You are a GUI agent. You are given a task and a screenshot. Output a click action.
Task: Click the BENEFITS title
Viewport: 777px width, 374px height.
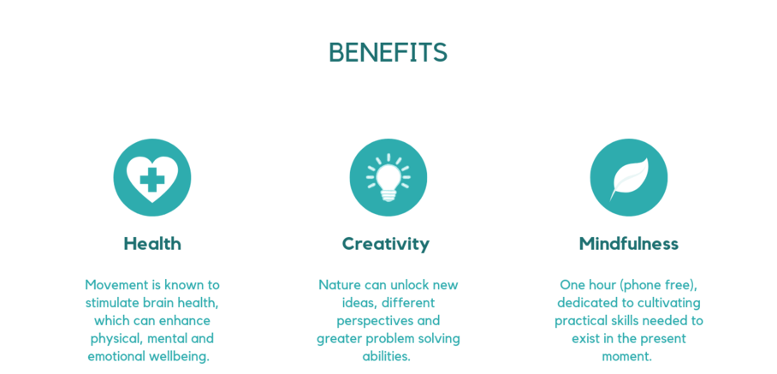pyautogui.click(x=388, y=52)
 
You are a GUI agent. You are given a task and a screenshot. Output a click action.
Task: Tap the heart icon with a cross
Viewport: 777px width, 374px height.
pyautogui.click(x=152, y=178)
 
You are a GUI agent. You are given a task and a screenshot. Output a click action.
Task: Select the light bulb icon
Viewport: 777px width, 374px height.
pyautogui.click(x=388, y=177)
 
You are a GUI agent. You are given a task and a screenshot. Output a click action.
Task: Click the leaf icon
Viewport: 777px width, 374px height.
pyautogui.click(x=628, y=178)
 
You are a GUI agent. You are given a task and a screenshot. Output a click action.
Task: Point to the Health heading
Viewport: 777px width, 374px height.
pyautogui.click(x=152, y=244)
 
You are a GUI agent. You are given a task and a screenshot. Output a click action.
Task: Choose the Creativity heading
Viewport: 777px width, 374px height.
pyautogui.click(x=386, y=244)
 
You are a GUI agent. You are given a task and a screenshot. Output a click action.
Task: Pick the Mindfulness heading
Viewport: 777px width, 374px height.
pyautogui.click(x=628, y=244)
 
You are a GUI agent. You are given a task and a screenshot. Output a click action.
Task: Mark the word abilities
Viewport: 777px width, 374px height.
pyautogui.click(x=387, y=356)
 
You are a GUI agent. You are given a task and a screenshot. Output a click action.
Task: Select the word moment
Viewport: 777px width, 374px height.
pyautogui.click(x=627, y=356)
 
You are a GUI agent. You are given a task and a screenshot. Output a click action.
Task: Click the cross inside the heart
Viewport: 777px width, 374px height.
pyautogui.click(x=152, y=180)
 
